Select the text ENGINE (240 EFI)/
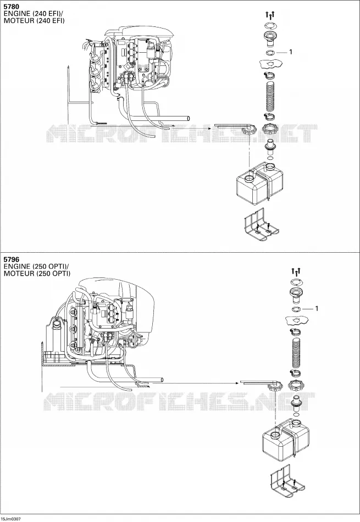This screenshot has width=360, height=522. [34, 14]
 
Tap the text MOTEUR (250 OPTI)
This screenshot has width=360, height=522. [37, 274]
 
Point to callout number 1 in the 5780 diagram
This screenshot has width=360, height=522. [290, 52]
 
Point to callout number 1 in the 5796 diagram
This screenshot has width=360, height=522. [317, 309]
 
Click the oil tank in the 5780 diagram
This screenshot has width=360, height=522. [259, 184]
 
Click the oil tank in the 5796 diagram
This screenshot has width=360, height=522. [285, 440]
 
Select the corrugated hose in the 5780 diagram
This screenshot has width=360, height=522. [271, 97]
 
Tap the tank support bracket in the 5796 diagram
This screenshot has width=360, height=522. [286, 481]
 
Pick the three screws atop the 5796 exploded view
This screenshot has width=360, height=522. [296, 272]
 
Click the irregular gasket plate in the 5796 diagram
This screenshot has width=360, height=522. [296, 320]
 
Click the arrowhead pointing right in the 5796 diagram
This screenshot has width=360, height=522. [237, 382]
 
